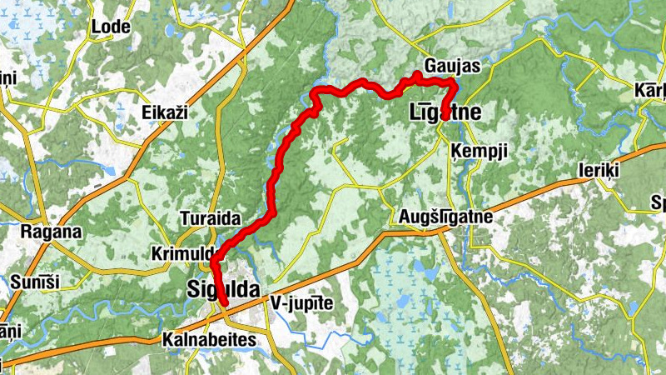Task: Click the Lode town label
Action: tap(111, 27)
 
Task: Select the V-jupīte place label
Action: tap(301, 304)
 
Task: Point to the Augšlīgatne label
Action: tap(443, 217)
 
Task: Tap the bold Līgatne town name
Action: tap(446, 112)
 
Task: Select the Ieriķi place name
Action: tap(600, 170)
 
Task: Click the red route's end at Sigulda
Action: tap(225, 314)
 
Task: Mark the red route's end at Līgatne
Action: tap(445, 116)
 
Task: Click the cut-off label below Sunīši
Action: tap(8, 331)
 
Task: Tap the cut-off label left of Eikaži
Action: tap(8, 78)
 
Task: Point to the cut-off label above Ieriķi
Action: tap(649, 90)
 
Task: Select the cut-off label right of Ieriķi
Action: tap(658, 202)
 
